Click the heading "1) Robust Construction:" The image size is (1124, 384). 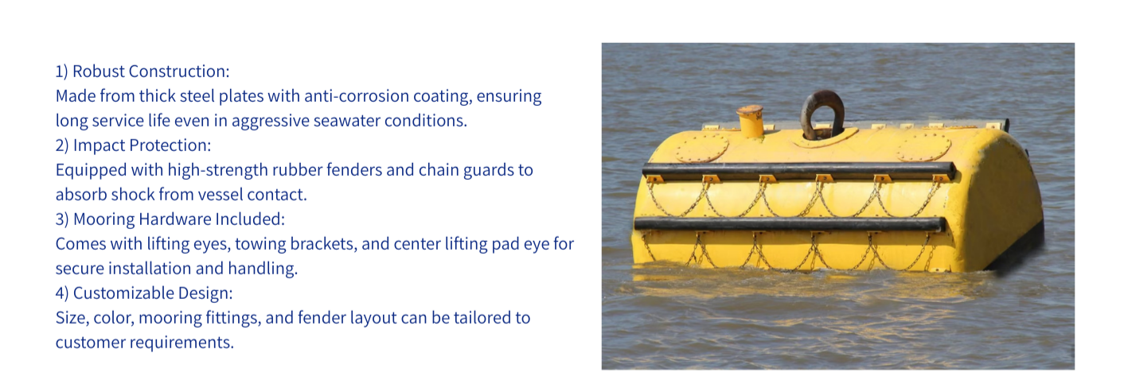[142, 72]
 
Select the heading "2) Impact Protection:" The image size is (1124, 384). [134, 145]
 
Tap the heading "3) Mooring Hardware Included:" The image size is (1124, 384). [170, 219]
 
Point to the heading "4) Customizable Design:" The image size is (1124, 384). [144, 293]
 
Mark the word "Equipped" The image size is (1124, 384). [91, 170]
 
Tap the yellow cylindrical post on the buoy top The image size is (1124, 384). [750, 122]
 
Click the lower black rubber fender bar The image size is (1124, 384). [790, 223]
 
